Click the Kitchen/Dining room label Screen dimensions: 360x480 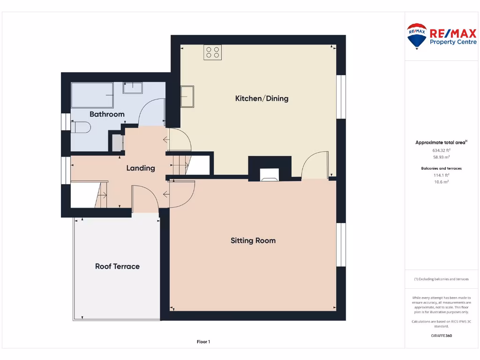click(x=262, y=98)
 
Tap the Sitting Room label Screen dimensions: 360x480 click(x=253, y=240)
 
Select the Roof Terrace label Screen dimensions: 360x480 click(x=117, y=266)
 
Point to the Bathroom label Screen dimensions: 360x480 click(x=107, y=114)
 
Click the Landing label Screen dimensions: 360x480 click(x=141, y=168)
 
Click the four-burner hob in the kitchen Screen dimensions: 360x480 click(x=212, y=52)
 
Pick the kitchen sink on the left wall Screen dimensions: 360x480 click(x=188, y=97)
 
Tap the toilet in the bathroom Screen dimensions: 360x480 click(x=81, y=126)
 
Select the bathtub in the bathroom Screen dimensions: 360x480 click(x=92, y=95)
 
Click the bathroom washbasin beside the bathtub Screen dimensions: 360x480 click(x=133, y=88)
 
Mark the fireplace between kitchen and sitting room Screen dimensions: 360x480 click(x=270, y=174)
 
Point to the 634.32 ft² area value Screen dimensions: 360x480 click(x=441, y=150)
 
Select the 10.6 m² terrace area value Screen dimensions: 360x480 click(x=441, y=181)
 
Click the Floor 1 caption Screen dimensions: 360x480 click(x=203, y=342)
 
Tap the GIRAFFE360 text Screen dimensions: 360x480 click(x=441, y=336)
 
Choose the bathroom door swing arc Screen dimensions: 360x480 click(x=152, y=112)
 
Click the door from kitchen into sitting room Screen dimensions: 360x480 click(x=315, y=166)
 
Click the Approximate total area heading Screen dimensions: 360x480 click(x=441, y=142)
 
